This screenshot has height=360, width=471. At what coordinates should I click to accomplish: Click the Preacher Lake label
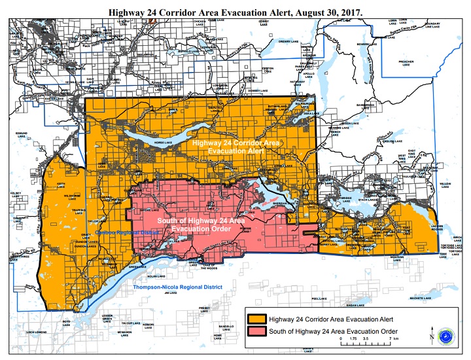click(407, 63)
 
